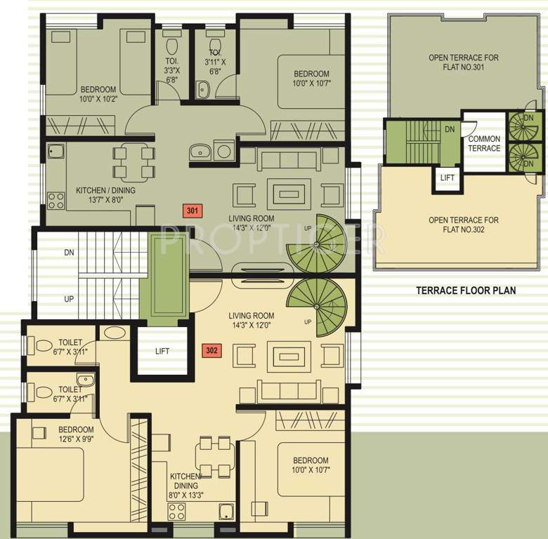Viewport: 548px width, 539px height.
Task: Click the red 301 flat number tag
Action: pos(193,211)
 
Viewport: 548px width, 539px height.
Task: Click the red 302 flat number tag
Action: pos(211,350)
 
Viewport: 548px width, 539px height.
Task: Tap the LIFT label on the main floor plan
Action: pos(162,351)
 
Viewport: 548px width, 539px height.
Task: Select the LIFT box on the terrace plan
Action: pos(448,178)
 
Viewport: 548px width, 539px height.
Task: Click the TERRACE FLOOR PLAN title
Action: pos(466,291)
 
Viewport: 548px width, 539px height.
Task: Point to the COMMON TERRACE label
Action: pos(484,143)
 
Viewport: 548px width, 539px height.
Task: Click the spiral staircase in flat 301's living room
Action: pos(317,244)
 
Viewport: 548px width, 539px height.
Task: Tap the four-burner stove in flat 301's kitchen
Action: pos(56,201)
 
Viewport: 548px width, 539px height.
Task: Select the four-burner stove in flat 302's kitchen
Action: pos(176,512)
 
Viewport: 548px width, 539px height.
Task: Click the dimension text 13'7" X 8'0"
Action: pos(100,200)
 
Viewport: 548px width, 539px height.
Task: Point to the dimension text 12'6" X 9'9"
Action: pos(76,439)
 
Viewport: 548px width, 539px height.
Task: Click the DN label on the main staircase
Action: pos(69,252)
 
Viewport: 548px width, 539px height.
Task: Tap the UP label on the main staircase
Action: pos(69,299)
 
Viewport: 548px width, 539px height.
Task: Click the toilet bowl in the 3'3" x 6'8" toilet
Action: pos(171,46)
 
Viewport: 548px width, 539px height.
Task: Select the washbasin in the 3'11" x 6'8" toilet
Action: pos(202,90)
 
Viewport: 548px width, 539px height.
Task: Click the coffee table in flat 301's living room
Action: pos(289,194)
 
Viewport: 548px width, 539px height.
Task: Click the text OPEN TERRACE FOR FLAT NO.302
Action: pos(464,225)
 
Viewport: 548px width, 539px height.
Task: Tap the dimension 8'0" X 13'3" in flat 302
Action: pos(185,495)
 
